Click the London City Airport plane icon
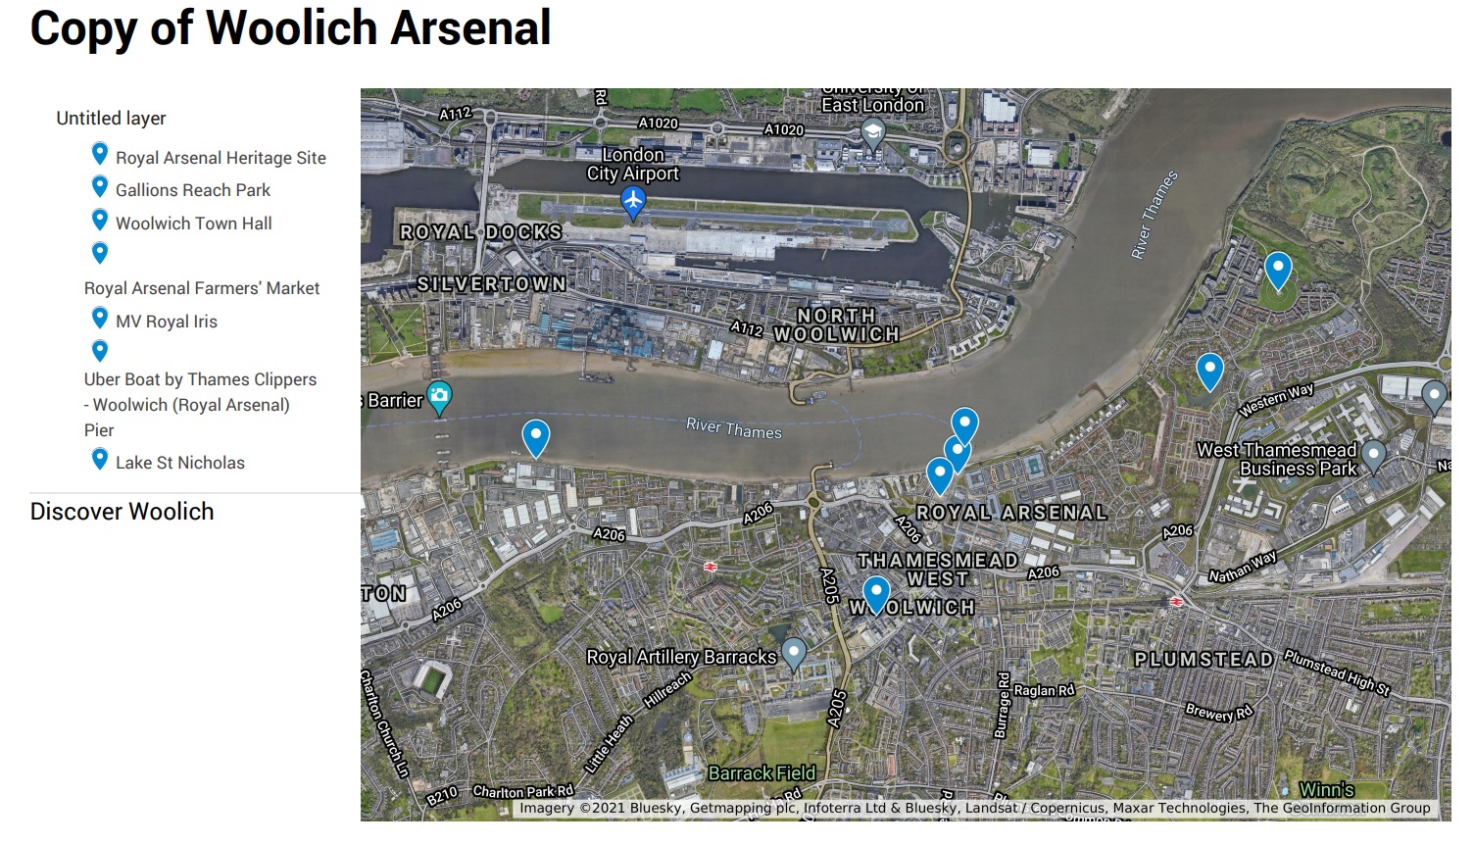click(633, 202)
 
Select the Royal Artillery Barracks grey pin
click(794, 652)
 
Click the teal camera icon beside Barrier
click(440, 396)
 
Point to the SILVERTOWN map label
click(492, 283)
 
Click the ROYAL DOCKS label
click(481, 232)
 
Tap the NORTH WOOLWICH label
click(836, 324)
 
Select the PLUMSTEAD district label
click(1204, 659)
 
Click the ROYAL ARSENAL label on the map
click(1011, 512)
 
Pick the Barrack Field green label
click(762, 773)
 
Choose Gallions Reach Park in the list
click(192, 190)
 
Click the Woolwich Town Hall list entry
click(193, 224)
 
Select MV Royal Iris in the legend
click(166, 322)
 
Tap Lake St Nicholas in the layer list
click(179, 463)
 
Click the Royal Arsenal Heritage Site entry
click(221, 158)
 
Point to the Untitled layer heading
click(111, 119)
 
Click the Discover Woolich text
click(122, 512)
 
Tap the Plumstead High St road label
click(1337, 672)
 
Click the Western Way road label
click(1276, 400)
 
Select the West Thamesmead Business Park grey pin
click(1374, 454)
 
